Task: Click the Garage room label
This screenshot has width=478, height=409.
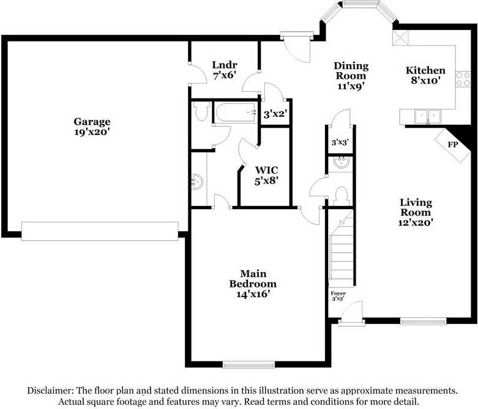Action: click(x=92, y=122)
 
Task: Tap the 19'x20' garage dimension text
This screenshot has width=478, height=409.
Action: click(x=92, y=131)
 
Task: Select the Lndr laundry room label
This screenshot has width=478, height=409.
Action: click(x=225, y=65)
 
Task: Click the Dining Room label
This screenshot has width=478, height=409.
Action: click(x=351, y=71)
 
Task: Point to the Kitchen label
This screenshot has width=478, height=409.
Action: click(x=425, y=71)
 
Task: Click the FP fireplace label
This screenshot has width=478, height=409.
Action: click(x=453, y=145)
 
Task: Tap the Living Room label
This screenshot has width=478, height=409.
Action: click(x=416, y=207)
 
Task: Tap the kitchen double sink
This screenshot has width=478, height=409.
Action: click(x=427, y=116)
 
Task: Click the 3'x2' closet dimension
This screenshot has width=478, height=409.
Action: click(x=275, y=114)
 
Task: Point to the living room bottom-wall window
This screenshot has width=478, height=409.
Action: click(x=423, y=320)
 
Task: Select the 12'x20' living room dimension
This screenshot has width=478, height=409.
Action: click(x=416, y=223)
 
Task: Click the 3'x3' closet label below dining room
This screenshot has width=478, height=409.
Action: click(x=339, y=143)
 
